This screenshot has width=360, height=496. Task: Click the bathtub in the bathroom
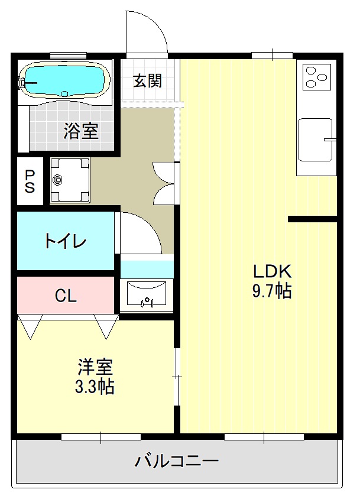(64, 80)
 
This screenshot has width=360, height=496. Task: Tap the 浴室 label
(80, 131)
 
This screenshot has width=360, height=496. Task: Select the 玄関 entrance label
(147, 81)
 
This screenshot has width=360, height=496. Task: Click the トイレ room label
(65, 241)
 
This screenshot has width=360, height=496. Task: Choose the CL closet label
(66, 296)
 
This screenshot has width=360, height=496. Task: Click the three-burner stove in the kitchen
(317, 76)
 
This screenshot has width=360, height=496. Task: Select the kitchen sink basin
(314, 139)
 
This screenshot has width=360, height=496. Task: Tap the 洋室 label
(95, 367)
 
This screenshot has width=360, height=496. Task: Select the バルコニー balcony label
(177, 461)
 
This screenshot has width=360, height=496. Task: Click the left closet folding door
(30, 325)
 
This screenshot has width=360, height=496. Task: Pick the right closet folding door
(106, 326)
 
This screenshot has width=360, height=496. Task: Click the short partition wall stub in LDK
(312, 219)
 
